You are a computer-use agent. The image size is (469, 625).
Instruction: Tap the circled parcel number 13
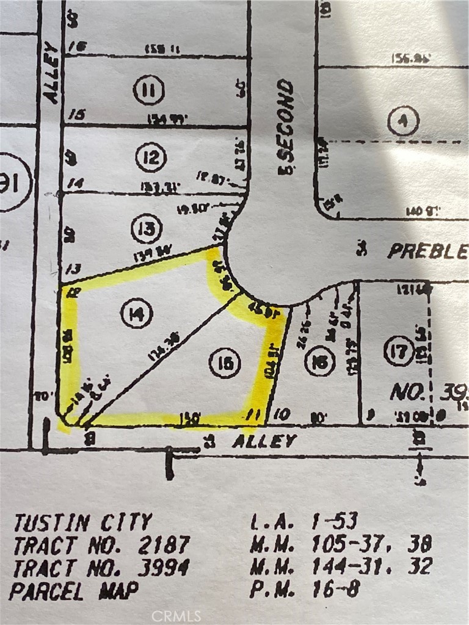click(147, 229)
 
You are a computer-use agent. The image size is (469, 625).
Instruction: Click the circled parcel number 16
click(319, 362)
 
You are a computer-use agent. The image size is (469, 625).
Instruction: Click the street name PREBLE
click(427, 251)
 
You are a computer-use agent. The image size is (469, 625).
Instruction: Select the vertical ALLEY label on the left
click(51, 74)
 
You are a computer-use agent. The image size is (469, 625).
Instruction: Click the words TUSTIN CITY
click(83, 522)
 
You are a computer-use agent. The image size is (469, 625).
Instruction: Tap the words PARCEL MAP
click(74, 591)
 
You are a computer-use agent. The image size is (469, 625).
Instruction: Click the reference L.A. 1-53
click(304, 521)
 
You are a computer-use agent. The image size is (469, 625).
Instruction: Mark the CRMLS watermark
click(176, 615)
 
